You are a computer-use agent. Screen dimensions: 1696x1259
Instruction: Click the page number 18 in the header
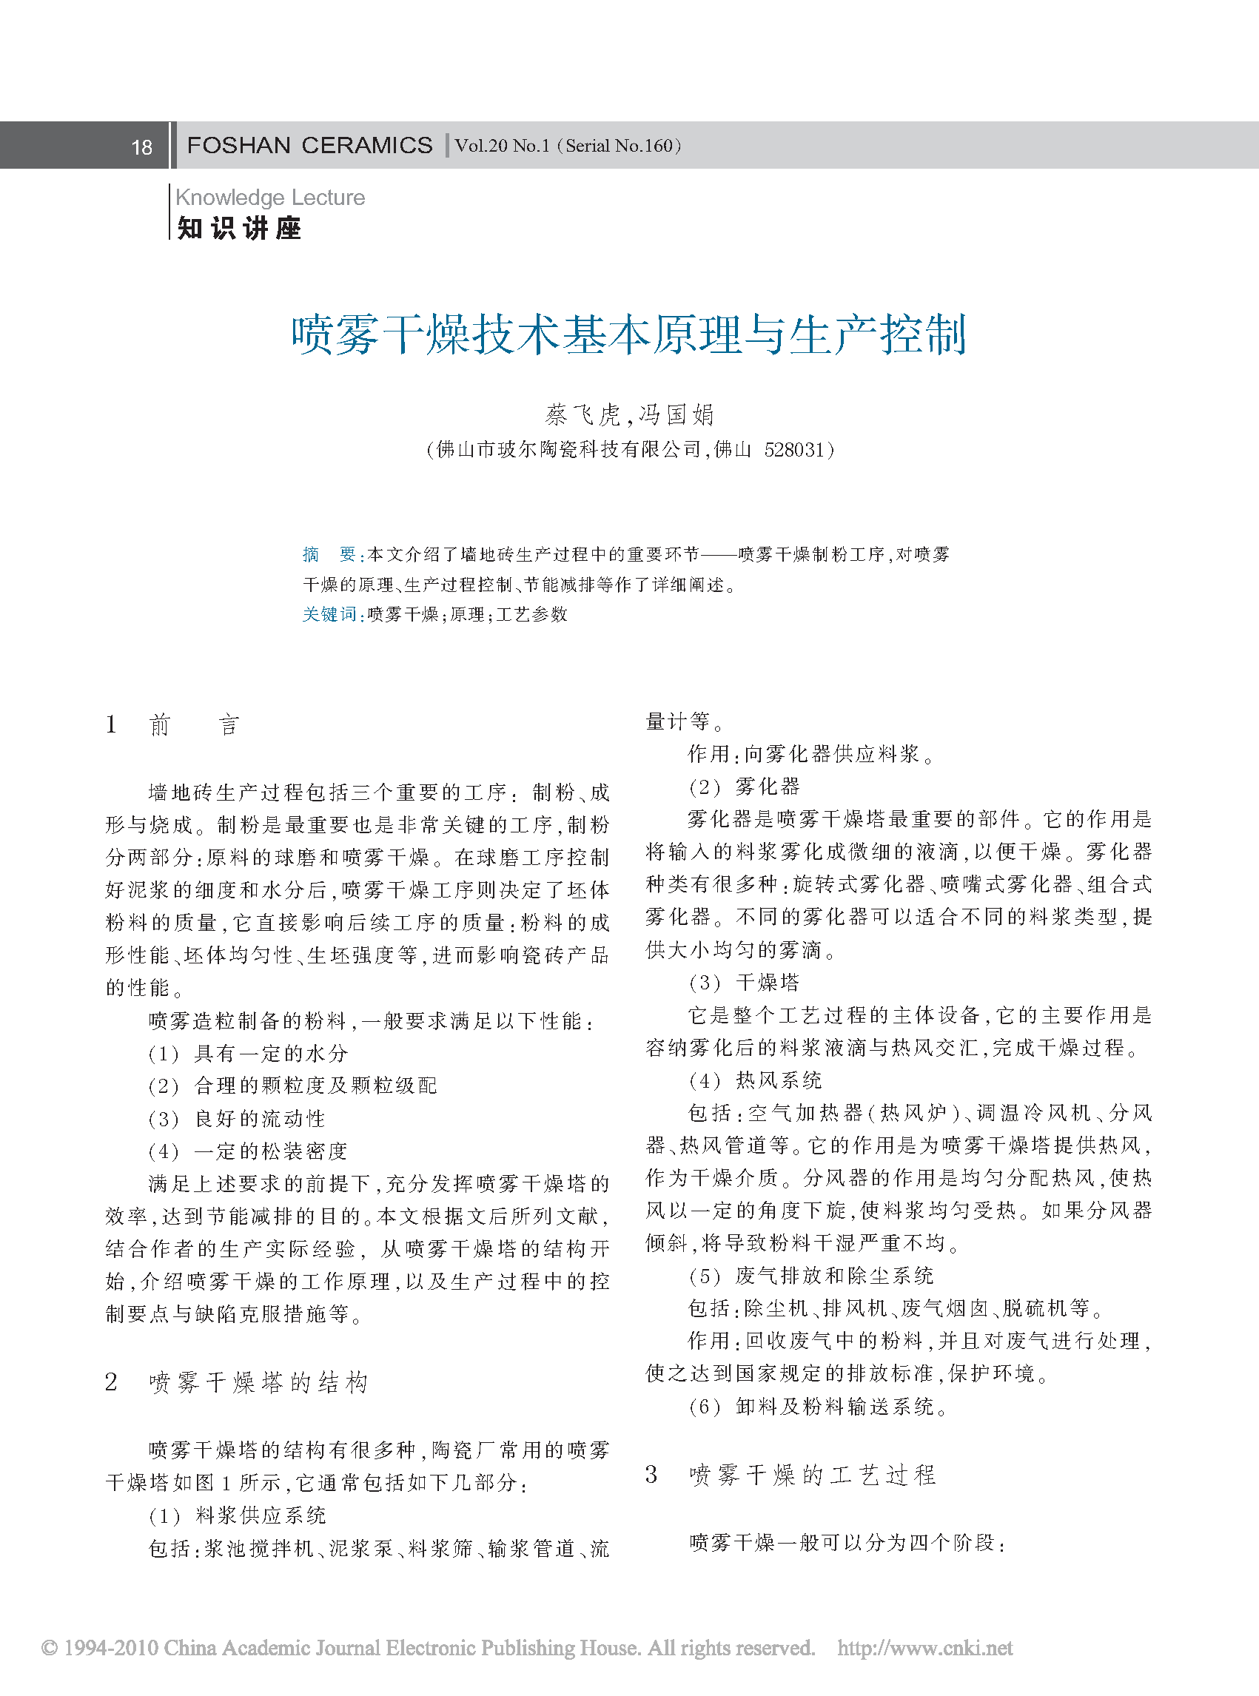[x=142, y=147]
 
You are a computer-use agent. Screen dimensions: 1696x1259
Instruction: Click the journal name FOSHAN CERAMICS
[x=309, y=146]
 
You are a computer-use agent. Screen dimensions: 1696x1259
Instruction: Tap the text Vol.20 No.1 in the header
[x=503, y=146]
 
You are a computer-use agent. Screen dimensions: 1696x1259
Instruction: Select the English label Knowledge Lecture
[x=269, y=198]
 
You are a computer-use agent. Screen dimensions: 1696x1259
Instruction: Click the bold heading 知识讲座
[x=239, y=228]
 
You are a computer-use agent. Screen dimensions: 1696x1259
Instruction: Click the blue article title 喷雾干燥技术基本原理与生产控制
[x=628, y=334]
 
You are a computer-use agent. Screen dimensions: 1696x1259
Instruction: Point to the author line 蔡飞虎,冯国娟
[x=629, y=414]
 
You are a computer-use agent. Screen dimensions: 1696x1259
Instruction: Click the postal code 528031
[x=793, y=449]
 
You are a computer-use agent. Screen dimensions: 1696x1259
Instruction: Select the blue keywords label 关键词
[x=329, y=614]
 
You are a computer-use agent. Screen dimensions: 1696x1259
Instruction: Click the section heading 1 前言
[x=173, y=724]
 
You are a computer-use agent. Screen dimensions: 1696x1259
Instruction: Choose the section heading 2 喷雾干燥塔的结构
[x=237, y=1382]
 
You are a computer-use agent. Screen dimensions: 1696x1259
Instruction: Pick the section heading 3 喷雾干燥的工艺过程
[x=791, y=1474]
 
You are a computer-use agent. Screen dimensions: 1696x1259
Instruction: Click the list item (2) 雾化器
[x=744, y=787]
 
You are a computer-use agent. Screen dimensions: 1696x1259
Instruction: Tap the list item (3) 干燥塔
[x=744, y=982]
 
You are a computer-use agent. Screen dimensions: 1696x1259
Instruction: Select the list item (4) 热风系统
[x=754, y=1080]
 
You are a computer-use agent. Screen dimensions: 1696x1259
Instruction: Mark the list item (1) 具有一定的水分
[x=249, y=1053]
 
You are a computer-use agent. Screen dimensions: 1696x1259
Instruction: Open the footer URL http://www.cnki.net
[x=924, y=1647]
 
